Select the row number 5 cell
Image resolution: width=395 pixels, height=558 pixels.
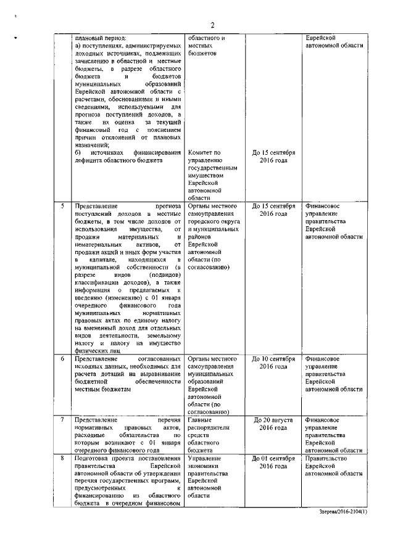point(62,206)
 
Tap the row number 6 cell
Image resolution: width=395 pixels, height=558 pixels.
point(62,358)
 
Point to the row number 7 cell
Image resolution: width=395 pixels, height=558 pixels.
point(62,420)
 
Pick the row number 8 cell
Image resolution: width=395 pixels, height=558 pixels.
point(62,459)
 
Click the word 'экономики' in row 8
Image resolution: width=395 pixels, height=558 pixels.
point(203,467)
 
